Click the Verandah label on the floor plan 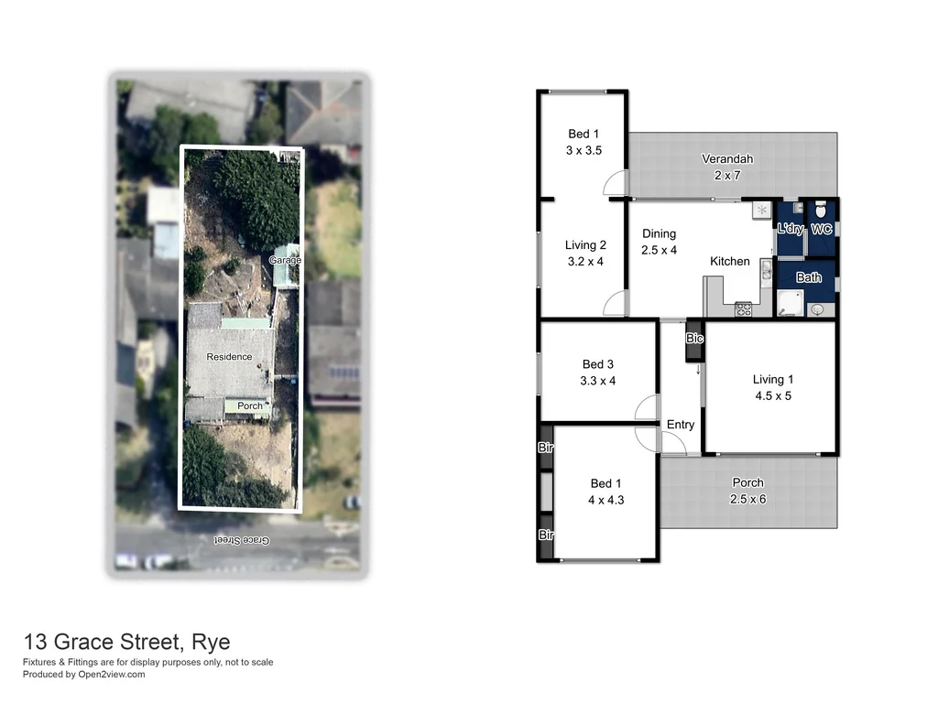tap(727, 158)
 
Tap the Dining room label tap(659, 233)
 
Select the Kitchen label tap(730, 262)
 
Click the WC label tap(822, 229)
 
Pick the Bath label tap(809, 278)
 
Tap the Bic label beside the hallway tap(695, 339)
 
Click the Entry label tap(681, 425)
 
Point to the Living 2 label tap(585, 245)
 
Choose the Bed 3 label tap(597, 365)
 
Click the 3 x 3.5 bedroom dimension tap(584, 151)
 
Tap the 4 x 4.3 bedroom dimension tap(605, 500)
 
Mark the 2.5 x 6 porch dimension tap(747, 499)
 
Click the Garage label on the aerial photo tap(285, 261)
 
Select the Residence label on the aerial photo tap(229, 357)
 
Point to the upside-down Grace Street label tap(242, 540)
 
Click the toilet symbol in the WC tap(821, 210)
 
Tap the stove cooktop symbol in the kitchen tap(743, 309)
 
